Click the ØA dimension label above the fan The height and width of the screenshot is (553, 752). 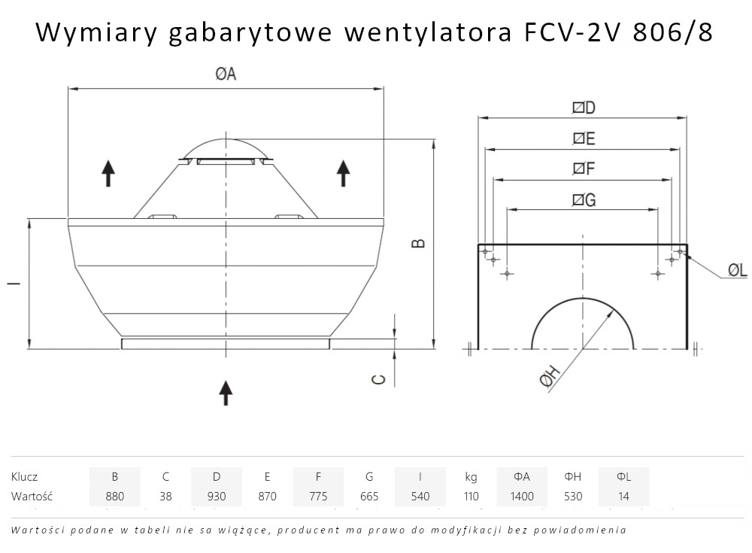226,74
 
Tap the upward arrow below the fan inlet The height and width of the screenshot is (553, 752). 226,393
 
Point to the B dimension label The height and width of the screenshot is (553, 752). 419,243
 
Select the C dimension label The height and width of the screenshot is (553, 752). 379,379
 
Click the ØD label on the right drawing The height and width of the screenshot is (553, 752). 584,108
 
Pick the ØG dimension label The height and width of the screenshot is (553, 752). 584,199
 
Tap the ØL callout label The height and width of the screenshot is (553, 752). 738,270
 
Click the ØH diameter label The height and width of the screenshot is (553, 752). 550,376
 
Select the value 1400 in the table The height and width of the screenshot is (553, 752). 522,497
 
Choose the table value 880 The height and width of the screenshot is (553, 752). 114,497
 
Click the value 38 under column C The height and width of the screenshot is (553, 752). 165,497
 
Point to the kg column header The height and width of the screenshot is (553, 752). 471,477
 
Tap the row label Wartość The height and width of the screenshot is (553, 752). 32,496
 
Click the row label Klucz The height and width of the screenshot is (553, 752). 24,477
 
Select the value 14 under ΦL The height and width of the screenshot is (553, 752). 623,497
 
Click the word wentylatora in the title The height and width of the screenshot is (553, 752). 428,32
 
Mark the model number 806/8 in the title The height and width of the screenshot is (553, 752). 672,32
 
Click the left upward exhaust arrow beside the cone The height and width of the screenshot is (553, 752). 108,173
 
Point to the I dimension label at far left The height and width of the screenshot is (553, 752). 14,283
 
